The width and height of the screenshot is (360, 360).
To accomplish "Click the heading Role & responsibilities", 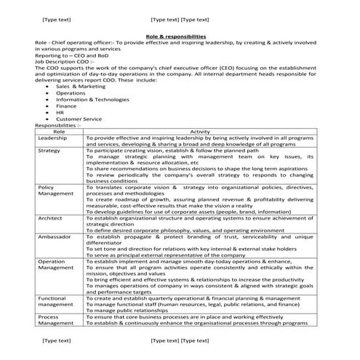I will click(x=176, y=36).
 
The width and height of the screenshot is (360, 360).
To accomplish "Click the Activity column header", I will click(x=199, y=131).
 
